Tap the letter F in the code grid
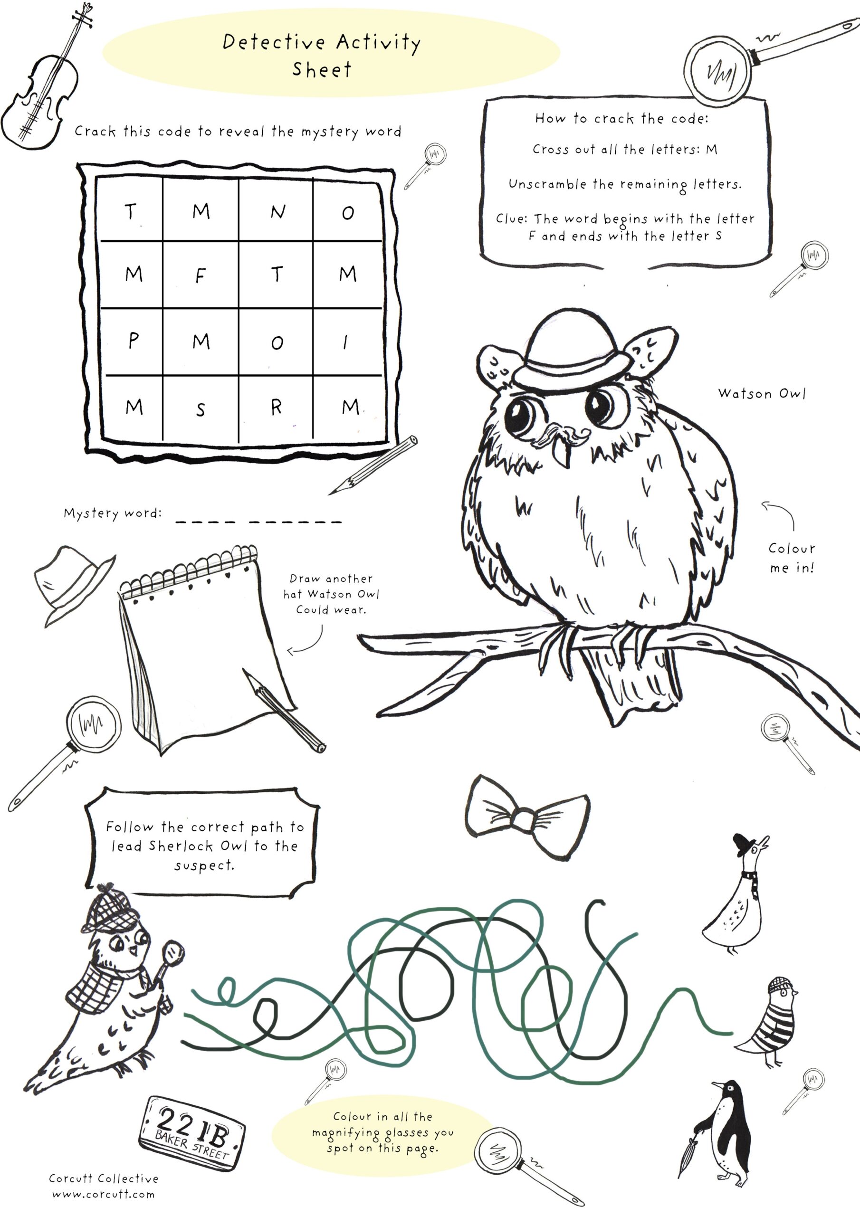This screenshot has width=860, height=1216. (201, 275)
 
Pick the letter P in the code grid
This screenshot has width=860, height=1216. (133, 341)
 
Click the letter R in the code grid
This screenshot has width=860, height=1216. (276, 407)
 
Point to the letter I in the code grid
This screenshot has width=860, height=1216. (345, 342)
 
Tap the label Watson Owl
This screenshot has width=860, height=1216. (762, 393)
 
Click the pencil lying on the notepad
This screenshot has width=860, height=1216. (284, 710)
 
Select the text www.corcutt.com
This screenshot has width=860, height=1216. (103, 1194)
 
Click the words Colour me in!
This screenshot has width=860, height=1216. (791, 558)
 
